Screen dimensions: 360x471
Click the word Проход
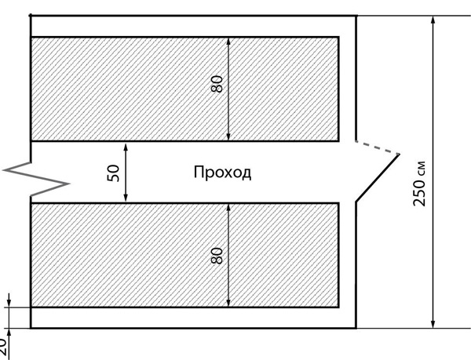[222, 173]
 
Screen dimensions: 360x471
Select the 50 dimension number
[115, 173]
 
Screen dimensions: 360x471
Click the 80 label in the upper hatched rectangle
[217, 82]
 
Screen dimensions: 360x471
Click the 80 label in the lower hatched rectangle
[217, 255]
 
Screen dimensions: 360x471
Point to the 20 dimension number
[4, 346]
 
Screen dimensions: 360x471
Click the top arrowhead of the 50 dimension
[126, 146]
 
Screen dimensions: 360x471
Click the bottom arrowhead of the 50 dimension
[126, 198]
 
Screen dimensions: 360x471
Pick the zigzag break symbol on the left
[35, 179]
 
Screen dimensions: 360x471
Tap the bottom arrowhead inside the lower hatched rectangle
[228, 301]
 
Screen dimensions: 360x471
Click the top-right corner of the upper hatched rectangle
[338, 37]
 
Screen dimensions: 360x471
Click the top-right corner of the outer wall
[356, 15]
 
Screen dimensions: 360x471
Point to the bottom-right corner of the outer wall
[356, 327]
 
